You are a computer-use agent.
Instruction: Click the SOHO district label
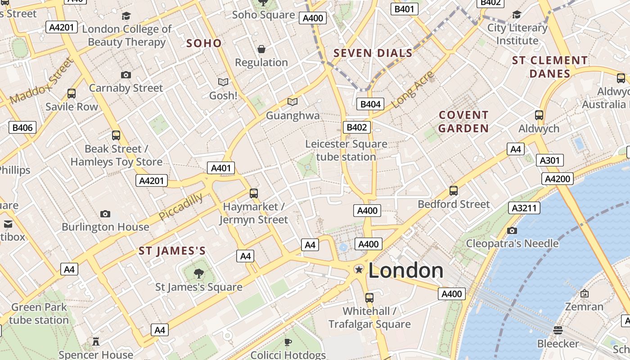click(x=204, y=43)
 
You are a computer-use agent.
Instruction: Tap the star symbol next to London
click(x=359, y=270)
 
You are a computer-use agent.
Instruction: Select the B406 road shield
click(x=22, y=127)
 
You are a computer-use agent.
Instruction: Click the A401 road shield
click(x=220, y=168)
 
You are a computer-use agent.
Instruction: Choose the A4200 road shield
click(x=558, y=179)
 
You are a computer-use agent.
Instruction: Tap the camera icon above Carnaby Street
click(x=126, y=75)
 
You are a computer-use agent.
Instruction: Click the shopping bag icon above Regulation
click(x=261, y=49)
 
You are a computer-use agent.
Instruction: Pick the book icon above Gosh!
click(x=223, y=82)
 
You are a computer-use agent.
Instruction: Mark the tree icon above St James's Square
click(x=198, y=273)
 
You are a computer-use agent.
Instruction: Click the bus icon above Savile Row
click(x=72, y=94)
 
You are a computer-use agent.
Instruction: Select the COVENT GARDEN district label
click(x=463, y=122)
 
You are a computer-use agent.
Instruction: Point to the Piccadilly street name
click(x=180, y=207)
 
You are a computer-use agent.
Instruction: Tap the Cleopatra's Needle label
click(x=512, y=244)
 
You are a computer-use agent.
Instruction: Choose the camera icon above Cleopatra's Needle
click(x=512, y=231)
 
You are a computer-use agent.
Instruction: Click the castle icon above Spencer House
click(x=96, y=342)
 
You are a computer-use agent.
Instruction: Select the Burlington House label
click(x=105, y=227)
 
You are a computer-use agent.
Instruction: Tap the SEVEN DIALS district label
click(x=373, y=53)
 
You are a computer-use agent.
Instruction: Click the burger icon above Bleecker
click(x=558, y=330)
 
